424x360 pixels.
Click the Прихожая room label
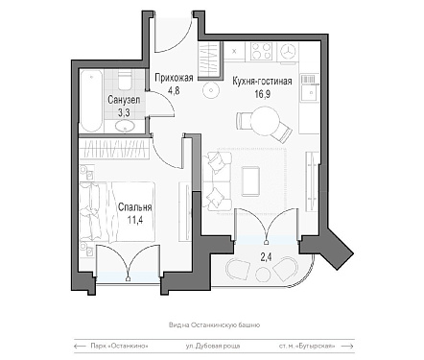coord(174,78)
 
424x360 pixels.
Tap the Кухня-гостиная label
coord(262,81)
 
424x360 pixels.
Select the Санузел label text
coord(124,100)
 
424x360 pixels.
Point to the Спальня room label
coord(134,207)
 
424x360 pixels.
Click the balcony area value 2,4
coord(266,256)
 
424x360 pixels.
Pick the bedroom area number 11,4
coord(134,220)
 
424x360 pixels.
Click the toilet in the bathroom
coord(125,80)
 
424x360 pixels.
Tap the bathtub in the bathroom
coord(91,101)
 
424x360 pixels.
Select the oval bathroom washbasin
coord(125,126)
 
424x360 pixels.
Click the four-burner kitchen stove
coord(262,51)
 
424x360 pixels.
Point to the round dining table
coord(265,121)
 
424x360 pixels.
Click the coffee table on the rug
coord(251,181)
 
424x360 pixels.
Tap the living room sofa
coord(217,181)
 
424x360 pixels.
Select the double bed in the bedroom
coord(117,211)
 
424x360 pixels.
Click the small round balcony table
coord(263,275)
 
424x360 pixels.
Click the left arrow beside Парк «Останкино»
coord(81,346)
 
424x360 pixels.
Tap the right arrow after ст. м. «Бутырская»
coord(347,346)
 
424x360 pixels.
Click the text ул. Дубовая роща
coord(213,346)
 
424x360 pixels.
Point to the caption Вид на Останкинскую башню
coord(214,325)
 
